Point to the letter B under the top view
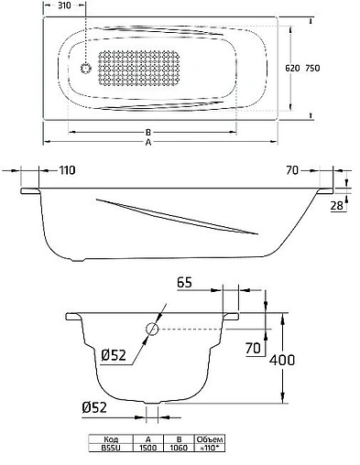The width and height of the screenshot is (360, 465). (x=147, y=133)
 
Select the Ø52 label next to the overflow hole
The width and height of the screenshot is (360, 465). (x=115, y=355)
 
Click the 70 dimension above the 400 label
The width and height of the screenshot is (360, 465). (x=252, y=347)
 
